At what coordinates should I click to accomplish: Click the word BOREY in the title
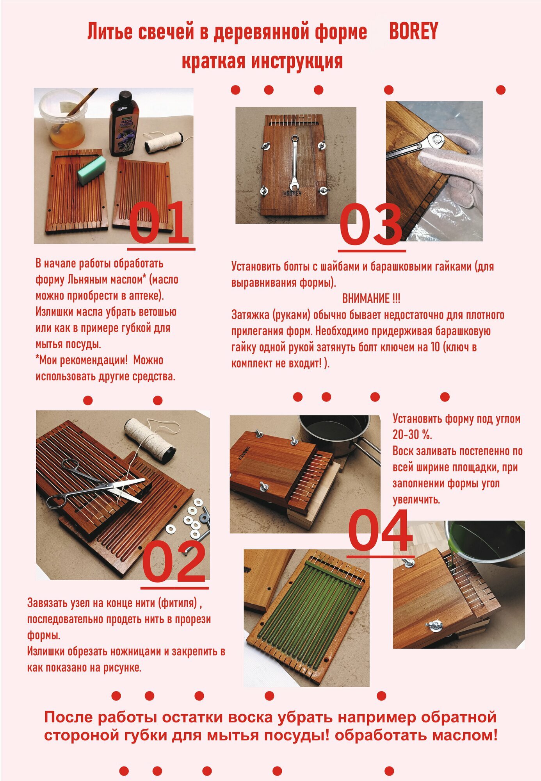[414, 32]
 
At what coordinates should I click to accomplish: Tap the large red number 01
[159, 223]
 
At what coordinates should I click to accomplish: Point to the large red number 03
[370, 224]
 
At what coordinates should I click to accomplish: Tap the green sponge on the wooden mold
[92, 170]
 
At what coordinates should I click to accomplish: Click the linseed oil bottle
[122, 123]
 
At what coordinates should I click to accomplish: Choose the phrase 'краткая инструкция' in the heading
[262, 61]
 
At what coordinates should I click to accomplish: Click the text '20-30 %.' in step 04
[412, 435]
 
